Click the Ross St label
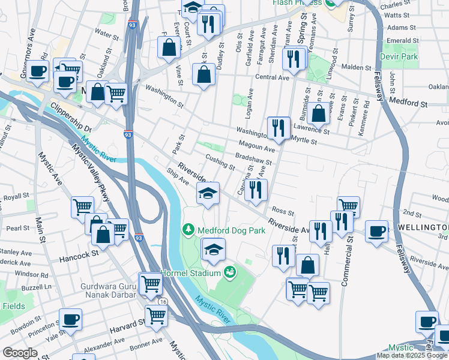tap(282, 211)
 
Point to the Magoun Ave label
tap(256, 146)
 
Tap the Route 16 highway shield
tap(163, 302)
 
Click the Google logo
tap(20, 353)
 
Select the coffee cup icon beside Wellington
tap(376, 231)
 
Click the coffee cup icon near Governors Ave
tap(38, 70)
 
